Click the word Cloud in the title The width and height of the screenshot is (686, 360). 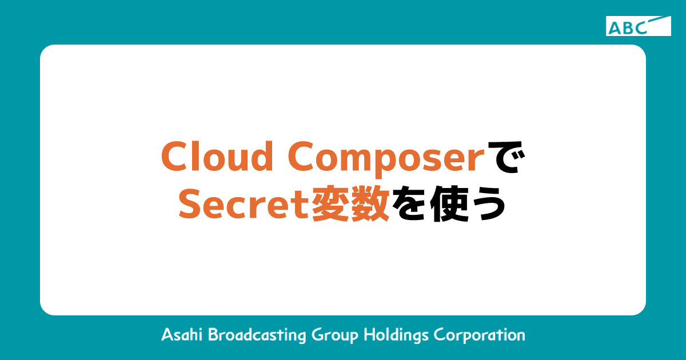(x=216, y=156)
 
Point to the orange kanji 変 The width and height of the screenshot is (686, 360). (x=330, y=205)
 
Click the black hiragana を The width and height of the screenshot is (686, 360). (x=410, y=205)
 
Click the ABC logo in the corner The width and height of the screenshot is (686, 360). (x=638, y=26)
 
